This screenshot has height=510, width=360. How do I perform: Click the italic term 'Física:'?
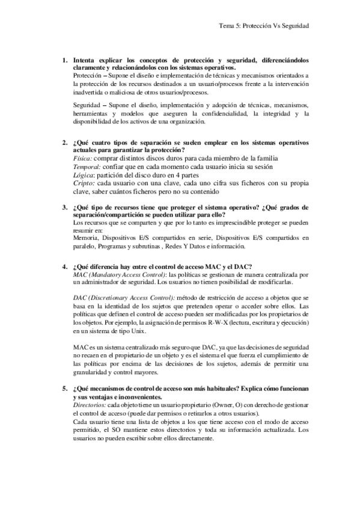83,159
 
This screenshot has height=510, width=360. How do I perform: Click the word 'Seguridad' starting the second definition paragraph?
85,105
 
